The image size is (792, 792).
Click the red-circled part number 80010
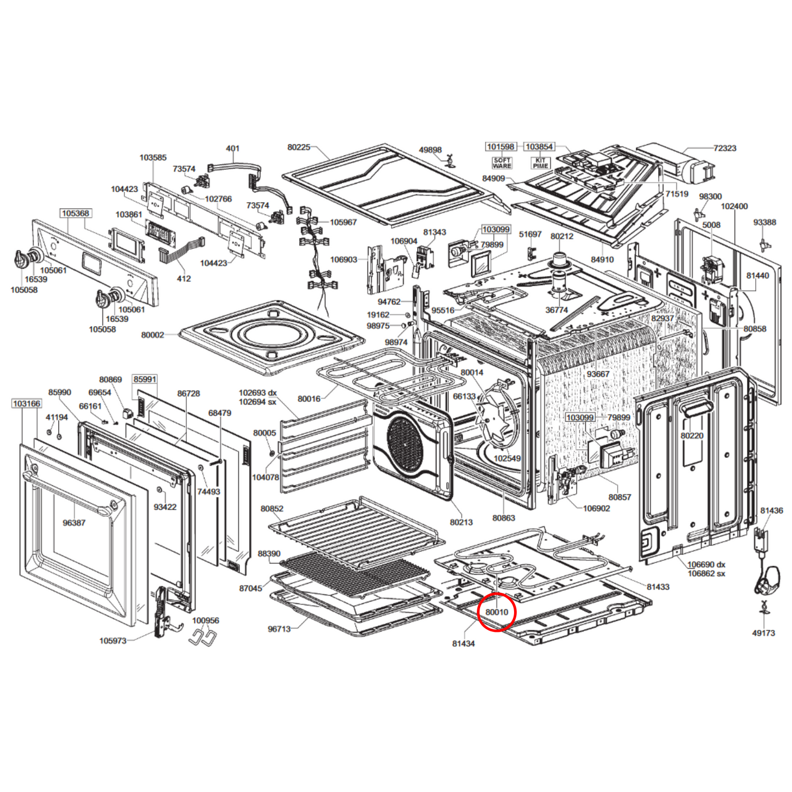(x=497, y=612)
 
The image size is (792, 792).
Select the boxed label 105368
(x=75, y=213)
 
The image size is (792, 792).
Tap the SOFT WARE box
(x=502, y=163)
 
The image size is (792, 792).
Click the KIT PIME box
(x=540, y=163)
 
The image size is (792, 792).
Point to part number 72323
(x=725, y=148)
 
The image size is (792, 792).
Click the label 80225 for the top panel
(x=299, y=147)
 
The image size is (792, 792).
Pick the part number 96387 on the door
(x=74, y=523)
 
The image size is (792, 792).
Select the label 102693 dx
(x=258, y=392)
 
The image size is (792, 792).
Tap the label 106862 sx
(x=706, y=573)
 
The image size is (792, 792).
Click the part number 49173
(x=763, y=633)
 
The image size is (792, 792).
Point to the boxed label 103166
(x=26, y=403)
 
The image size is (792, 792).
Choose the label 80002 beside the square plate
(x=152, y=335)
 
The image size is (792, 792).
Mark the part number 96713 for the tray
(x=279, y=629)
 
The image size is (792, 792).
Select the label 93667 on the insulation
(x=598, y=374)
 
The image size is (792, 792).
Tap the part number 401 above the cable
(x=232, y=148)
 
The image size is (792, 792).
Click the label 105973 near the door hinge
(x=113, y=641)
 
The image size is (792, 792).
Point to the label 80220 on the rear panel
(x=692, y=436)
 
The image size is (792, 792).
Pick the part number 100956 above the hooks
(x=206, y=620)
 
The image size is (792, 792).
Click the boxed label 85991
(x=145, y=379)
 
